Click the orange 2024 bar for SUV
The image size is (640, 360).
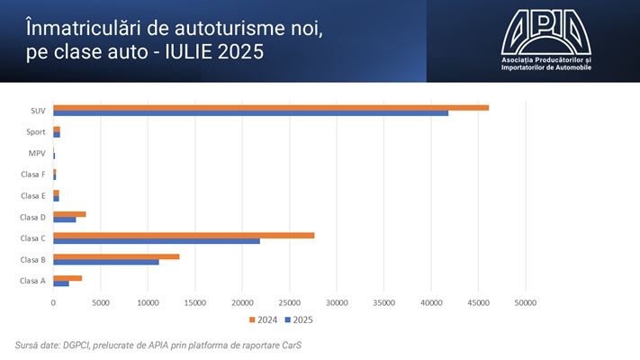270,108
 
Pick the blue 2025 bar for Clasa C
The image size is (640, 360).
157,240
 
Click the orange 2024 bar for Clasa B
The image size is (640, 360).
116,256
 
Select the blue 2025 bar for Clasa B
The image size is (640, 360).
106,262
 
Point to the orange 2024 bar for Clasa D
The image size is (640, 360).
69,213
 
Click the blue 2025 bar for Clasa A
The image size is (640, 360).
61,283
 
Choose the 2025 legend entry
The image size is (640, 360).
299,319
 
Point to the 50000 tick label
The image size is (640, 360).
526,302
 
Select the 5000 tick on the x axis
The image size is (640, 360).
101,302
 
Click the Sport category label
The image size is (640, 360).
36,132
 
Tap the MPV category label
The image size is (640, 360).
37,154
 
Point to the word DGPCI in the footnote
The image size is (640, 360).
79,345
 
